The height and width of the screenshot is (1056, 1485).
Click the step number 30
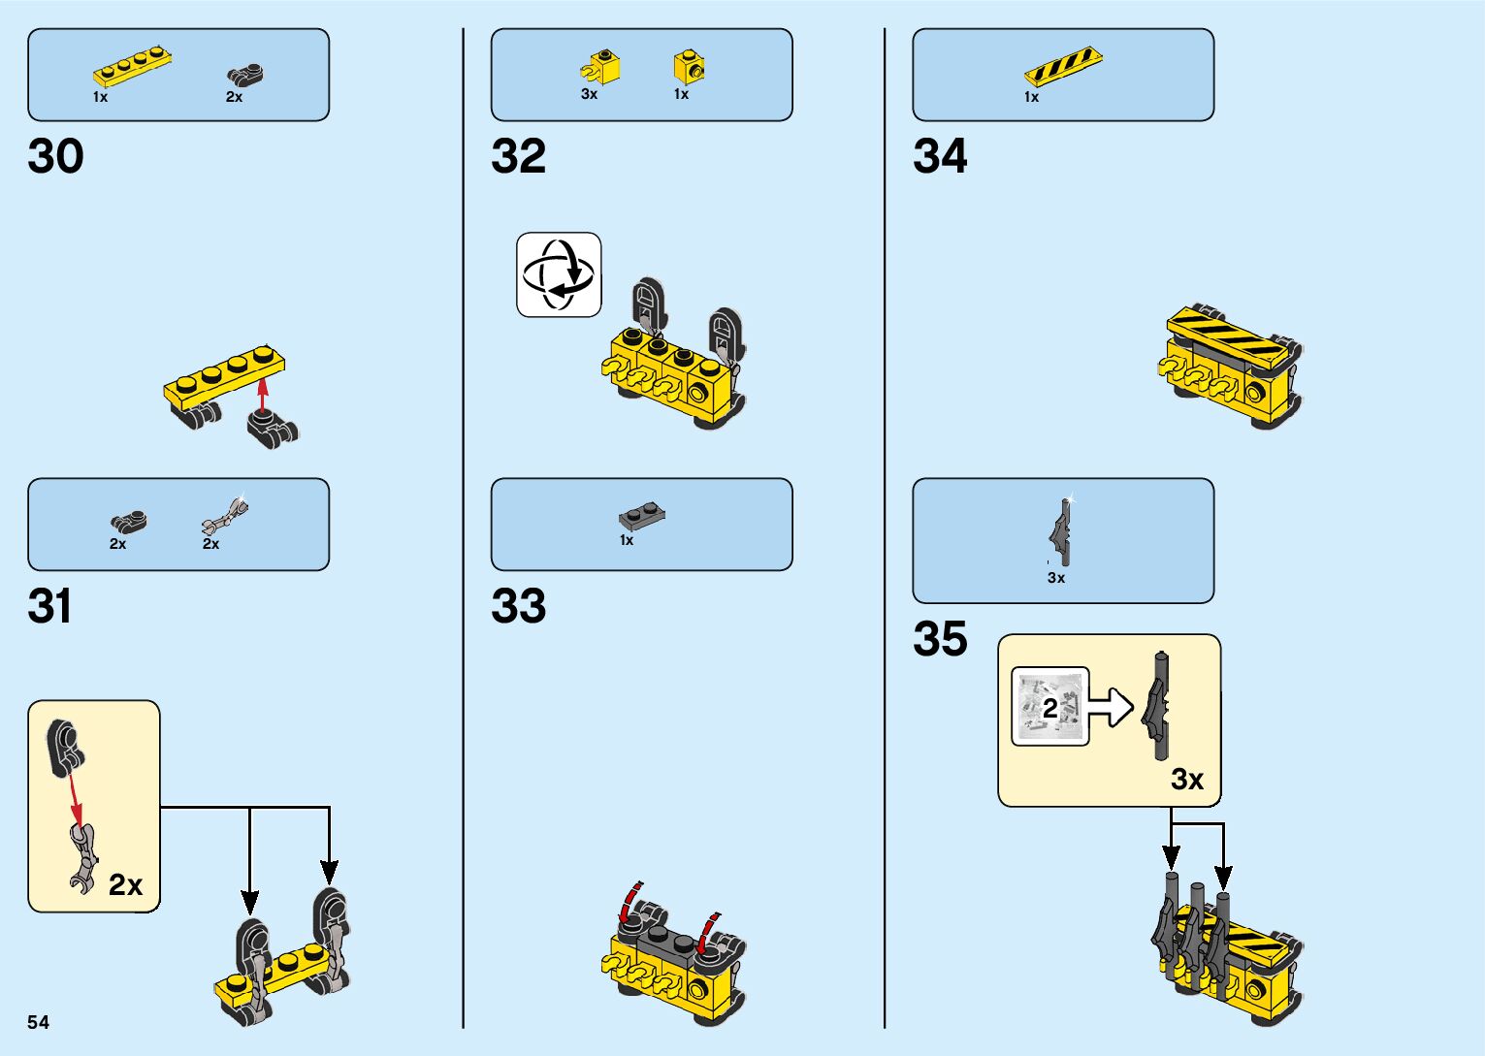(56, 157)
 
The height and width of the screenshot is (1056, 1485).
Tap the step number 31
(50, 607)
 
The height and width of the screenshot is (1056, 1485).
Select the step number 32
(519, 157)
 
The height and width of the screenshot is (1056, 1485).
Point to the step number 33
(519, 607)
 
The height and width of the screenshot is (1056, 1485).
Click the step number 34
(940, 157)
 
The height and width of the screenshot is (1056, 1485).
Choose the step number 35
(940, 639)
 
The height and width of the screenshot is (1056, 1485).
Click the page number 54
(38, 1022)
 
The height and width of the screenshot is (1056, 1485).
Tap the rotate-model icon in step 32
(559, 274)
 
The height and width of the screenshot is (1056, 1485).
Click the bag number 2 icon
(1049, 707)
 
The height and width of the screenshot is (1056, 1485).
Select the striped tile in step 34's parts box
(1063, 66)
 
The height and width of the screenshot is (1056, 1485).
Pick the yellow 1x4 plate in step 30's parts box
(133, 69)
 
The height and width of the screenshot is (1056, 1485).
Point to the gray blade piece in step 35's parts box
(1061, 531)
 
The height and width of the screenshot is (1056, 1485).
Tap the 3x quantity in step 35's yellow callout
(1187, 780)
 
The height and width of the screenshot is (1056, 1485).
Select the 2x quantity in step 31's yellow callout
(125, 884)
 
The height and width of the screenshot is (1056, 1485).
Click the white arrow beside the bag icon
(1112, 707)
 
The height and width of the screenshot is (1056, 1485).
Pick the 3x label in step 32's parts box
(589, 94)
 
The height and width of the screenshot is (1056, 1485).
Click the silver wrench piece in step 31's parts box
(225, 515)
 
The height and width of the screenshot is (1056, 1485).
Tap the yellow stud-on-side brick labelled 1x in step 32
(689, 67)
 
